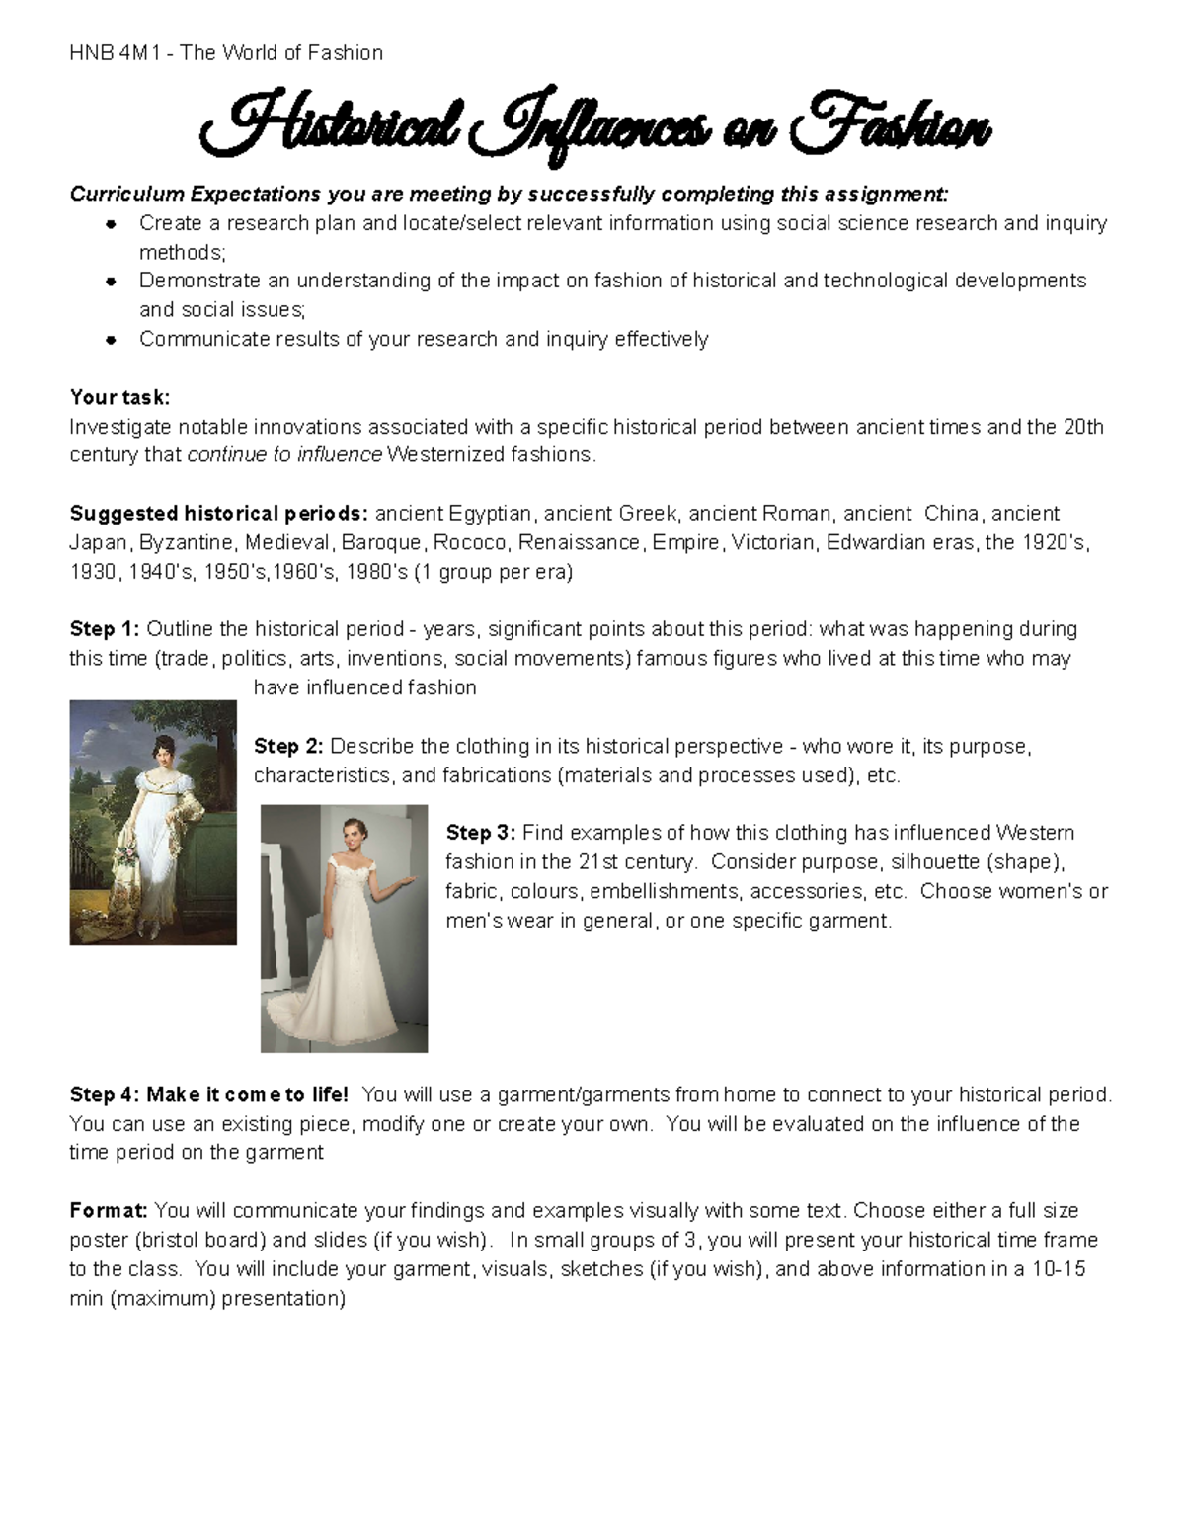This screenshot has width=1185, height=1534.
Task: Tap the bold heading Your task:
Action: pyautogui.click(x=119, y=397)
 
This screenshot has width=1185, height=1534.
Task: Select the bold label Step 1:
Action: pyautogui.click(x=105, y=629)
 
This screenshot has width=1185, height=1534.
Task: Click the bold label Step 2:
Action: pyautogui.click(x=288, y=746)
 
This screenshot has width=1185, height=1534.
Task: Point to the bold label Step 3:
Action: pyautogui.click(x=481, y=833)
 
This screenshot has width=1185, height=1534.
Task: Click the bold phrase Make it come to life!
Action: pyautogui.click(x=247, y=1094)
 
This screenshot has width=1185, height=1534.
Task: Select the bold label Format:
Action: pyautogui.click(x=109, y=1211)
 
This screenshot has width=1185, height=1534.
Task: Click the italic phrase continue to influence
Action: pyautogui.click(x=284, y=455)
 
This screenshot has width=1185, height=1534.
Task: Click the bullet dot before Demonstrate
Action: pyautogui.click(x=112, y=282)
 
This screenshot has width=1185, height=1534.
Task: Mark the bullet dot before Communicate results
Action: pyautogui.click(x=112, y=340)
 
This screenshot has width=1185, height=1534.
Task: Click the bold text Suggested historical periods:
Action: pyautogui.click(x=218, y=514)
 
